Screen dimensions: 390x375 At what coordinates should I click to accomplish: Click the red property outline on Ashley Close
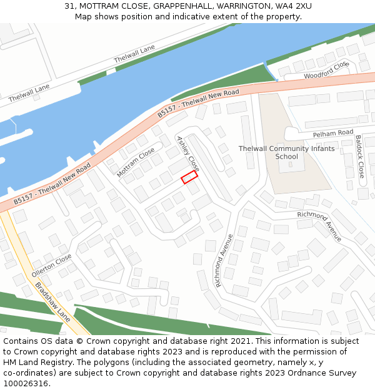pyautogui.click(x=189, y=177)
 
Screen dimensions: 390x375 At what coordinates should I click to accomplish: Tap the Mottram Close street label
pyautogui.click(x=136, y=162)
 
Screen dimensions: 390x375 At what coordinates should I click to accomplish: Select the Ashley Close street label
pyautogui.click(x=188, y=154)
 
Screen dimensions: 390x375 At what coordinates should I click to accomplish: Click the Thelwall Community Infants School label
pyautogui.click(x=286, y=152)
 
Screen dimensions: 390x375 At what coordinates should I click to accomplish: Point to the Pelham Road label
pyautogui.click(x=333, y=133)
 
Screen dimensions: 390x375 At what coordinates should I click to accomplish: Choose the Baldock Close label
pyautogui.click(x=359, y=157)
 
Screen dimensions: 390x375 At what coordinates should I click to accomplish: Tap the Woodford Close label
pyautogui.click(x=325, y=71)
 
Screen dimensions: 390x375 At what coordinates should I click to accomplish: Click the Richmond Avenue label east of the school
pyautogui.click(x=319, y=226)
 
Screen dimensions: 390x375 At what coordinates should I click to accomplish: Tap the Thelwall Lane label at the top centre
pyautogui.click(x=134, y=54)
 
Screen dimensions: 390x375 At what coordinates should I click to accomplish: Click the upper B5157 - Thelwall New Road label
pyautogui.click(x=197, y=104)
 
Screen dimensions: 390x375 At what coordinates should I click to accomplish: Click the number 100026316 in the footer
pyautogui.click(x=26, y=383)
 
